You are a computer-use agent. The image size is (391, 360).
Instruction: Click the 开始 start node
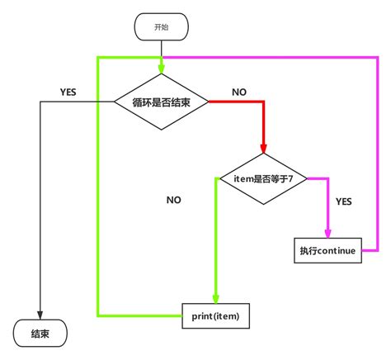coord(162,26)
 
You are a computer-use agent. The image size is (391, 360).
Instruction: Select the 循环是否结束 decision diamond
coord(162,101)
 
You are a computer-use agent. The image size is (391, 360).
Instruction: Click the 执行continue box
coord(327,250)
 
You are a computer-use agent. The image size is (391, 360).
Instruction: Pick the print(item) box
coord(214,315)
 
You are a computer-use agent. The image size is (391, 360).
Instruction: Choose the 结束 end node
coord(40,334)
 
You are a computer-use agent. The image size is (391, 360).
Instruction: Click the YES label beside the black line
coord(68,92)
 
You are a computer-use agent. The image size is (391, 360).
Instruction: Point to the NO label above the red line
coord(239,92)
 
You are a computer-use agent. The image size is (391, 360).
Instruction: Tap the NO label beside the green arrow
coord(173,200)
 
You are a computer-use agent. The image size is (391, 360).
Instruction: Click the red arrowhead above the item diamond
coord(264,149)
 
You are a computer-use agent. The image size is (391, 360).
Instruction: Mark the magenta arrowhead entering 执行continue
coord(327,234)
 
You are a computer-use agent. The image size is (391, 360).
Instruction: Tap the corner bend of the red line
coord(264,102)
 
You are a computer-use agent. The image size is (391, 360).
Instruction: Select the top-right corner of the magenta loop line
coord(379,58)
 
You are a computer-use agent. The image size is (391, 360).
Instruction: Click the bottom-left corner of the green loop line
coord(98,315)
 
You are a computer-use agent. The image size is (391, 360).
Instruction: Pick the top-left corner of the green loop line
coord(98,58)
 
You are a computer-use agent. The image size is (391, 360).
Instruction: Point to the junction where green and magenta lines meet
coord(162,58)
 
